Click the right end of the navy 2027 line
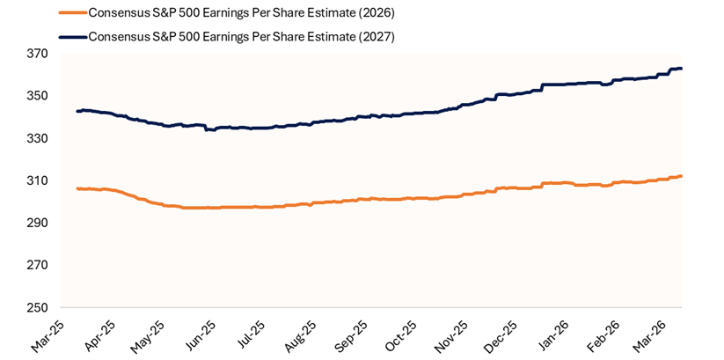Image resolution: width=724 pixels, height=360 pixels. click(682, 69)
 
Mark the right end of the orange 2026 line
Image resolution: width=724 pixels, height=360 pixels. click(682, 176)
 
